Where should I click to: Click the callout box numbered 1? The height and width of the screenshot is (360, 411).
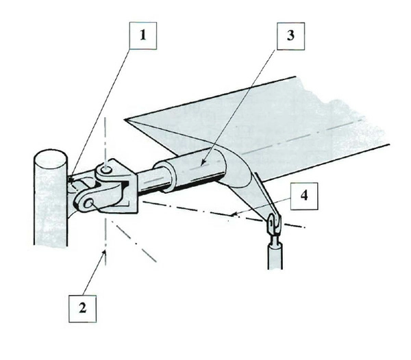[143, 36]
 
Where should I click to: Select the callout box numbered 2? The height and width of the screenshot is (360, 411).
[82, 309]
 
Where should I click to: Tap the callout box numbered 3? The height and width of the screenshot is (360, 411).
[290, 36]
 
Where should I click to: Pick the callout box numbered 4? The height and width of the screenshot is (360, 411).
[304, 196]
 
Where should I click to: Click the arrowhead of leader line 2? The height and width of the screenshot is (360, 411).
[105, 252]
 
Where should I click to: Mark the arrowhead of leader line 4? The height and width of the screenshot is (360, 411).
[234, 214]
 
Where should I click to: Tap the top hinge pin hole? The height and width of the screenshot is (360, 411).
[106, 170]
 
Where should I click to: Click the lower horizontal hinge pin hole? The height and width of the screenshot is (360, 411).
[89, 203]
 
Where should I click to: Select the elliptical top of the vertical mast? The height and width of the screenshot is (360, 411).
[51, 159]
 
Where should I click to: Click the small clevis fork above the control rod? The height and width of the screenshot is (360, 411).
[273, 223]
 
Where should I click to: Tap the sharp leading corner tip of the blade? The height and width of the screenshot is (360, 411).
[125, 120]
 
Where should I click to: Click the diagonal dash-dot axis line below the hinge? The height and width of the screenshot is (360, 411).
[134, 241]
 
